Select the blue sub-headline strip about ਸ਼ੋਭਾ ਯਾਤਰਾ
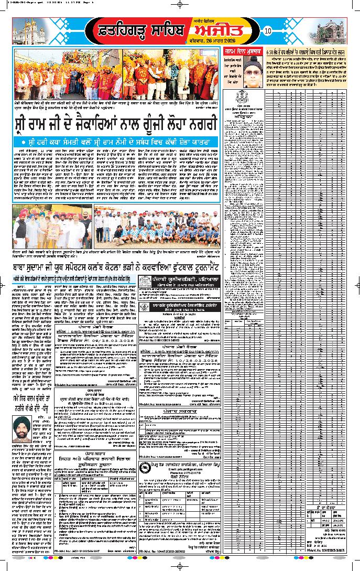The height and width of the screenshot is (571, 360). tap(116, 142)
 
